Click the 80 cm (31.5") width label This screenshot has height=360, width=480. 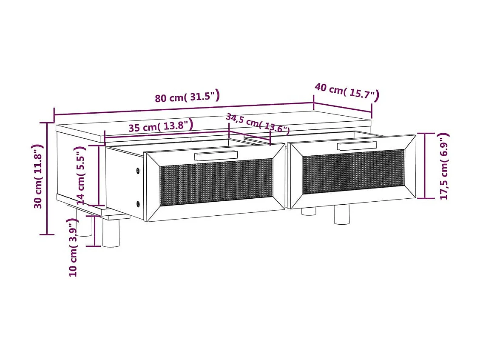click(187, 97)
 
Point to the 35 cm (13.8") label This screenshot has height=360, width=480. click(161, 126)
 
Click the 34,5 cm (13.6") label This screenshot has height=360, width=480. click(257, 123)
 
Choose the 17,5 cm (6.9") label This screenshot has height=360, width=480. click(444, 166)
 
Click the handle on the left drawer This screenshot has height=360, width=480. click(216, 155)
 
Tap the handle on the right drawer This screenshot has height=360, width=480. click(357, 146)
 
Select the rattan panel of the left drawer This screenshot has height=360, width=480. click(216, 182)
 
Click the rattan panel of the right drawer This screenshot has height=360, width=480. click(352, 171)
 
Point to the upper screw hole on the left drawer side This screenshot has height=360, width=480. click(138, 171)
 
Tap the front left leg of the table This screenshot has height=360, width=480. click(111, 233)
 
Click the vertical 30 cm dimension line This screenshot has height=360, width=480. click(47, 179)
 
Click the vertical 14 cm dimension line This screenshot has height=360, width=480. click(98, 175)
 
